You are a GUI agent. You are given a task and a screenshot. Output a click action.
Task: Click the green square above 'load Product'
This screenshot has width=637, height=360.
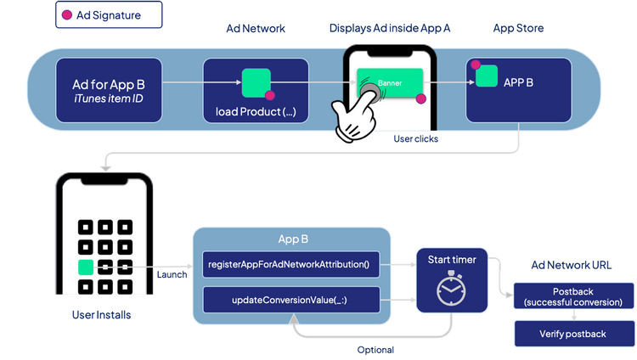pyautogui.click(x=256, y=82)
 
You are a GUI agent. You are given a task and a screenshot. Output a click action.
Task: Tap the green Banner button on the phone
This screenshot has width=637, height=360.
pyautogui.click(x=389, y=82)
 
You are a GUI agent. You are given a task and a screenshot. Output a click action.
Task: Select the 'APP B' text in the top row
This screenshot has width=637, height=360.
pyautogui.click(x=518, y=82)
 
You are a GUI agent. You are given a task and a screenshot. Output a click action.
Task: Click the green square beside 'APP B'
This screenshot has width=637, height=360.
pyautogui.click(x=486, y=76)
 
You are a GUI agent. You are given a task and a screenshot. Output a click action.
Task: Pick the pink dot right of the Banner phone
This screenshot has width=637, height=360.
pyautogui.click(x=420, y=99)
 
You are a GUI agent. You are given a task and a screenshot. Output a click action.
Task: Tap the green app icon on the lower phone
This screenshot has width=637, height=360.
pyautogui.click(x=86, y=267)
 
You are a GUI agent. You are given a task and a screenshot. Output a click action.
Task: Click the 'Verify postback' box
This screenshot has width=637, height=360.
pyautogui.click(x=573, y=334)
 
